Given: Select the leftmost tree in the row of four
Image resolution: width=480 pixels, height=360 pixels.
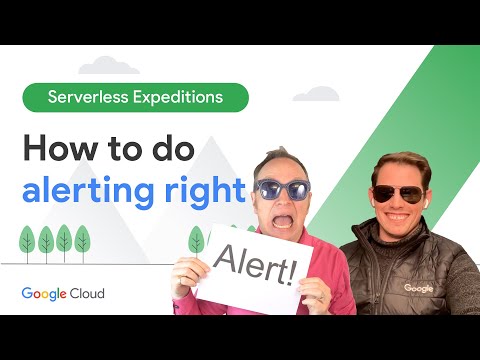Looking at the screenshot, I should click(x=28, y=240).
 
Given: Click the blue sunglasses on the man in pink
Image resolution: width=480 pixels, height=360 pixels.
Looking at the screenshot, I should click(x=282, y=188).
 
